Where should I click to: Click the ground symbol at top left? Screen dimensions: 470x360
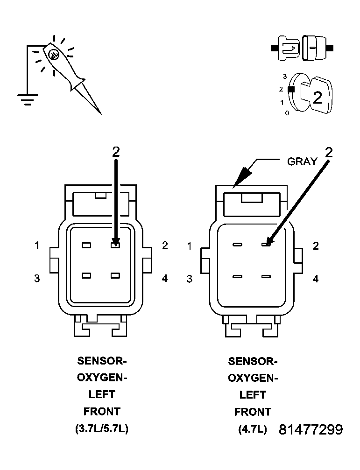coord(27,99)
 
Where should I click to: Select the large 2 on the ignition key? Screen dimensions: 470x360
coord(317,98)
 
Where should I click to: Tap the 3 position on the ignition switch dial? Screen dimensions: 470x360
coord(284,76)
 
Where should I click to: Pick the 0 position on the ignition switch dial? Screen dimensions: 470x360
coord(287,113)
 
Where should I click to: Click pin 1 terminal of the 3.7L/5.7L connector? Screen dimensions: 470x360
coord(86,245)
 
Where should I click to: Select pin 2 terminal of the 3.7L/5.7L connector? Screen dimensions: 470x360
coord(115,245)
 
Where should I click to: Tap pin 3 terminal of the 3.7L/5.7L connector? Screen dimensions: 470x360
coord(86,275)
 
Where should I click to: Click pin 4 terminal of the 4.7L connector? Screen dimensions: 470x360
coord(266,276)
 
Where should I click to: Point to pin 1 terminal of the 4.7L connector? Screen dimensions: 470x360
coord(237,245)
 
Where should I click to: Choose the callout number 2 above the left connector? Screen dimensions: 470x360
coord(116,152)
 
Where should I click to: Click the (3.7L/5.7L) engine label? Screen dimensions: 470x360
coord(101,428)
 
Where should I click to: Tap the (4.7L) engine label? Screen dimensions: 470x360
coord(253,429)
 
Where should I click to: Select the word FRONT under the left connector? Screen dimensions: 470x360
coord(102,412)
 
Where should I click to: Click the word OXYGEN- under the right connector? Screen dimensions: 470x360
coord(253,378)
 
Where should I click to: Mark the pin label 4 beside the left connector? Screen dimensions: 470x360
coord(164,278)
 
